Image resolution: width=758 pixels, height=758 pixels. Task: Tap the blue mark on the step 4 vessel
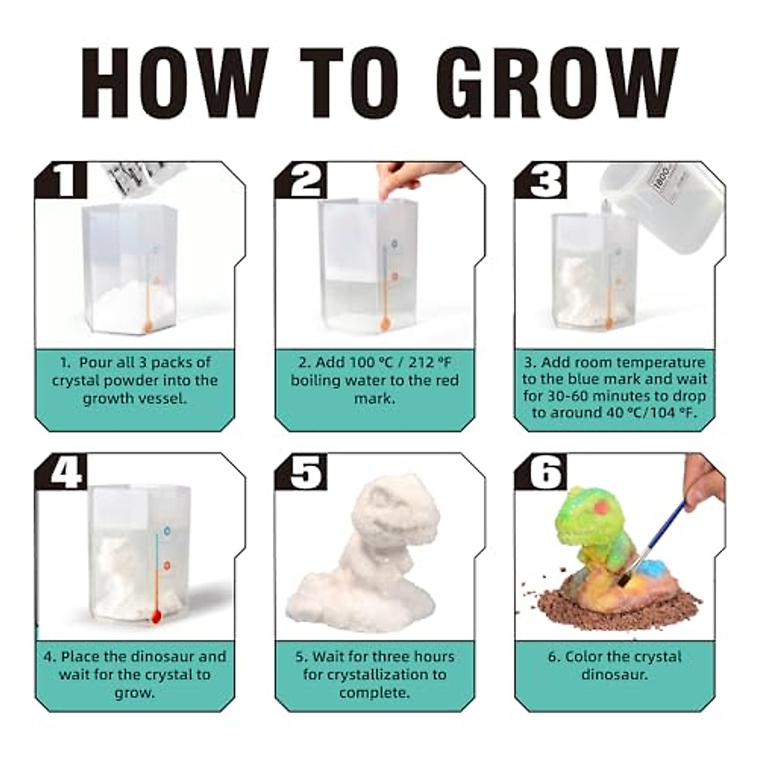click(x=167, y=531)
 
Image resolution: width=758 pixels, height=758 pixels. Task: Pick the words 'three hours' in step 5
click(x=417, y=657)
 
